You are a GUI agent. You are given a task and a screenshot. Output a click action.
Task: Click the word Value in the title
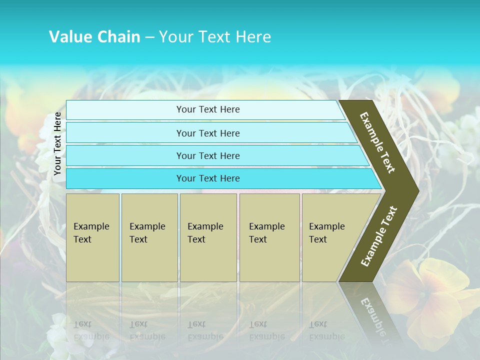(69, 37)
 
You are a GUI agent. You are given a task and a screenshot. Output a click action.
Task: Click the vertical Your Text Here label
(57, 143)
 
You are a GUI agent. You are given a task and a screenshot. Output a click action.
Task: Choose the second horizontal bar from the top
(207, 133)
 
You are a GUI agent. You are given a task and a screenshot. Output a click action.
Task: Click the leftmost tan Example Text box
(92, 237)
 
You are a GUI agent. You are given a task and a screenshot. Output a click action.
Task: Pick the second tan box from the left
(149, 237)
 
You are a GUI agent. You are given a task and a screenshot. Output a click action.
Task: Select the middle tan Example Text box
(208, 237)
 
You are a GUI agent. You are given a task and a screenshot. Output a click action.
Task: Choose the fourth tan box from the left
(269, 237)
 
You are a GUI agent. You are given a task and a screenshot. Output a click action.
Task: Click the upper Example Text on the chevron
(377, 142)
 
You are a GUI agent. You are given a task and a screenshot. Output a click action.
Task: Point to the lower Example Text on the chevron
(378, 236)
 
